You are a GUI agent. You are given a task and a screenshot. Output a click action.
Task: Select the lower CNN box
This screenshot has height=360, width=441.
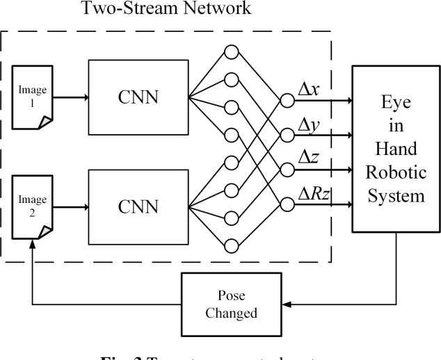(x=138, y=206)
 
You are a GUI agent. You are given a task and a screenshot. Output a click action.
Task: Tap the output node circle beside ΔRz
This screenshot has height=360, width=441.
(x=285, y=204)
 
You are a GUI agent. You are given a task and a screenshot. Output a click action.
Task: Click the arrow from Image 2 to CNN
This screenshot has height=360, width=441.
(x=70, y=206)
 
